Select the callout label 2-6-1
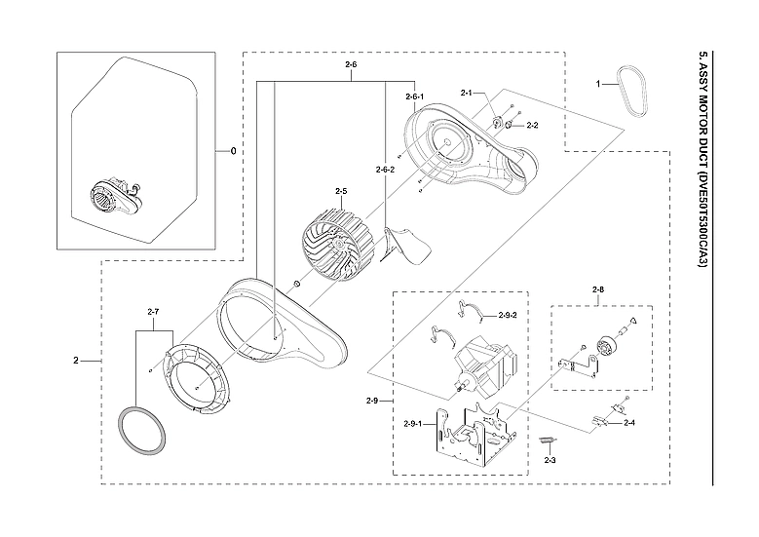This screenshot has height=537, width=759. click(415, 97)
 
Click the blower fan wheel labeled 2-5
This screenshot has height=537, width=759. click(333, 249)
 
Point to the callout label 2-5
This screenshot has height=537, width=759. click(341, 191)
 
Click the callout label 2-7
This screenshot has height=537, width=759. click(153, 311)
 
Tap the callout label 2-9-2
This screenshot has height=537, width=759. click(508, 315)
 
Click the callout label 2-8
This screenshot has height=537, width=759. click(597, 289)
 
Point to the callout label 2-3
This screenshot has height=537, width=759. click(550, 459)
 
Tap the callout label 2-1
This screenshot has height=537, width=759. click(466, 94)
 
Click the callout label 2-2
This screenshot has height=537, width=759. click(532, 126)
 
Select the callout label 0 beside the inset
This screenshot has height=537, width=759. click(233, 151)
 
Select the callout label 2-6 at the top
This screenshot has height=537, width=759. click(351, 64)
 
